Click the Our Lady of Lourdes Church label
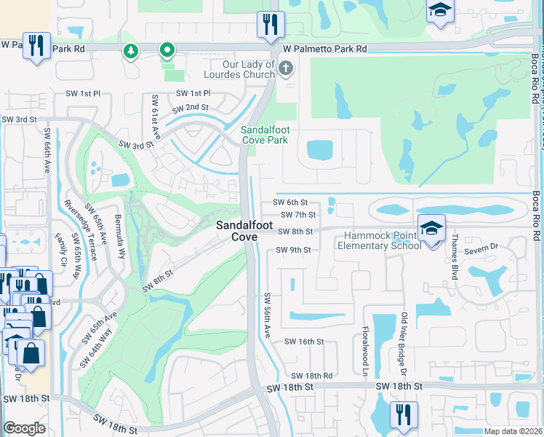coord(239,69)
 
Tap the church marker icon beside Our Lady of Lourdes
coord(286,70)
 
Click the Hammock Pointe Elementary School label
coord(379,240)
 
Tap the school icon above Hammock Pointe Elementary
coord(431,228)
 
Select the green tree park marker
coord(131,51)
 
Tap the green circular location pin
coord(167,50)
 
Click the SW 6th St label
coord(290,202)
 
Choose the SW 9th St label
coord(293,251)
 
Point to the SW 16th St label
coord(303,342)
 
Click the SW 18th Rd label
coord(313,376)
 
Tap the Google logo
coord(24,428)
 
